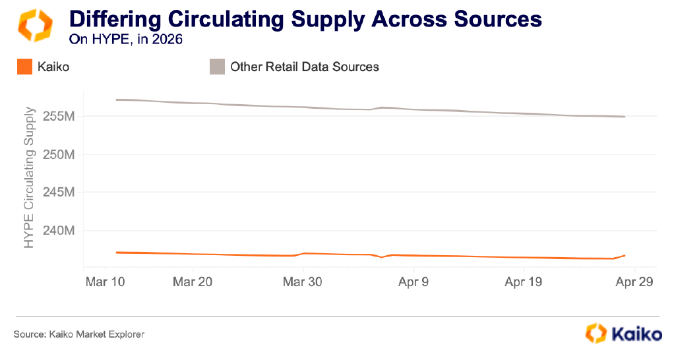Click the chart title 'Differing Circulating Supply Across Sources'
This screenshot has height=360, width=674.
coord(305,19)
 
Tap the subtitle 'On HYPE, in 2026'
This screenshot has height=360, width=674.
coord(125,39)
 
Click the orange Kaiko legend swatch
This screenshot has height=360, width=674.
coord(24,67)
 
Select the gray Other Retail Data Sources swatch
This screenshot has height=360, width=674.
coord(217,67)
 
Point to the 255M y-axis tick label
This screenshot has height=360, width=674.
coord(59,117)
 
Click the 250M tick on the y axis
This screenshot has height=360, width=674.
coord(59,155)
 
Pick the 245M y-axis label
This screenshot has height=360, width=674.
coord(59,193)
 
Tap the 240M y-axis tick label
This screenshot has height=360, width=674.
coord(59,231)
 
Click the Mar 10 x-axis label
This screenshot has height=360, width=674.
coord(106,282)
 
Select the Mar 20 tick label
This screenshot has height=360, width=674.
coord(193,282)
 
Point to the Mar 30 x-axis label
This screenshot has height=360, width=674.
coord(303,282)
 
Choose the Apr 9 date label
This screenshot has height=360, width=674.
coord(414,282)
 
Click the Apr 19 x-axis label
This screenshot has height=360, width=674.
coord(524,282)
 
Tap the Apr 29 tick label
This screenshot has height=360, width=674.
coord(634,282)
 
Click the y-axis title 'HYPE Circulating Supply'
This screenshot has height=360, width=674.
coord(29,177)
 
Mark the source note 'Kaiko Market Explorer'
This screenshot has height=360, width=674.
coord(97,334)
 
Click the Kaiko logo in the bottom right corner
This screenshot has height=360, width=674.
coord(624,334)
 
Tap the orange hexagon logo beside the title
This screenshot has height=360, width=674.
coord(35,25)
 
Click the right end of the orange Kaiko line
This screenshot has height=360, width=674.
coord(625,256)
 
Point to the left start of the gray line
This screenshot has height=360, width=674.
coord(117,100)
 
